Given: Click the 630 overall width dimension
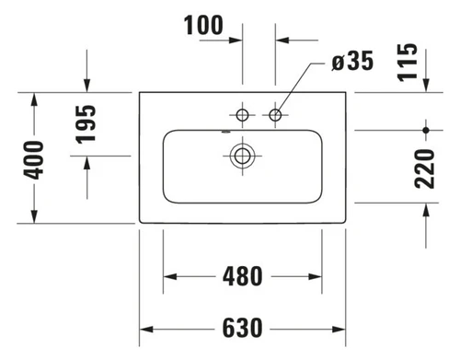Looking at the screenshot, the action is (242, 328).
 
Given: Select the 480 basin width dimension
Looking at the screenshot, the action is (242, 276).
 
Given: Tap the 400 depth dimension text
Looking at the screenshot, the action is (34, 159).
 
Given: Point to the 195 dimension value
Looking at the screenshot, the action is (86, 124).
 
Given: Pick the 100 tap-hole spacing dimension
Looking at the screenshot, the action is (203, 25).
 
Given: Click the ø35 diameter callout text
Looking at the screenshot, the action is (352, 61).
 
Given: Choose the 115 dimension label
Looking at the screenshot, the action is (408, 63).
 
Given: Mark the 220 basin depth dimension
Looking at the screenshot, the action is (424, 168).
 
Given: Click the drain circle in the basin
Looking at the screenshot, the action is (242, 156).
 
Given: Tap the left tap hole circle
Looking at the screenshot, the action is (242, 115).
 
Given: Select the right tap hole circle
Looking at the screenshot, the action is (275, 115).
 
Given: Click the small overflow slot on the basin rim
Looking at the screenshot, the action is (225, 133).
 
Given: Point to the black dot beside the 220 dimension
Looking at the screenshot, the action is (426, 130).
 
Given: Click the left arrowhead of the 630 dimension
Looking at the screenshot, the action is (146, 330).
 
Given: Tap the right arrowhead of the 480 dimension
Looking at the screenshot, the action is (316, 276).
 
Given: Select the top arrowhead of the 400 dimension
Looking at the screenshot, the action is (34, 99).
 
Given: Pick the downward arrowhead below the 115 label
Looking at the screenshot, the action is (426, 85).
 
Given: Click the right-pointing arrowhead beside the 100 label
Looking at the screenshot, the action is (236, 41).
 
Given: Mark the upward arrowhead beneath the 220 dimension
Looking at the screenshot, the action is (426, 210).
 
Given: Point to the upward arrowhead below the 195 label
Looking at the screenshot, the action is (87, 163).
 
